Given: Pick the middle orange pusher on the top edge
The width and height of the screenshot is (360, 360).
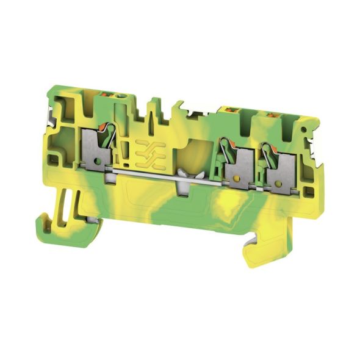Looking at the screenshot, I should point(231,110).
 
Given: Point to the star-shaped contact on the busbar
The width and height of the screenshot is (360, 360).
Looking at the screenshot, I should point(182,181).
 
